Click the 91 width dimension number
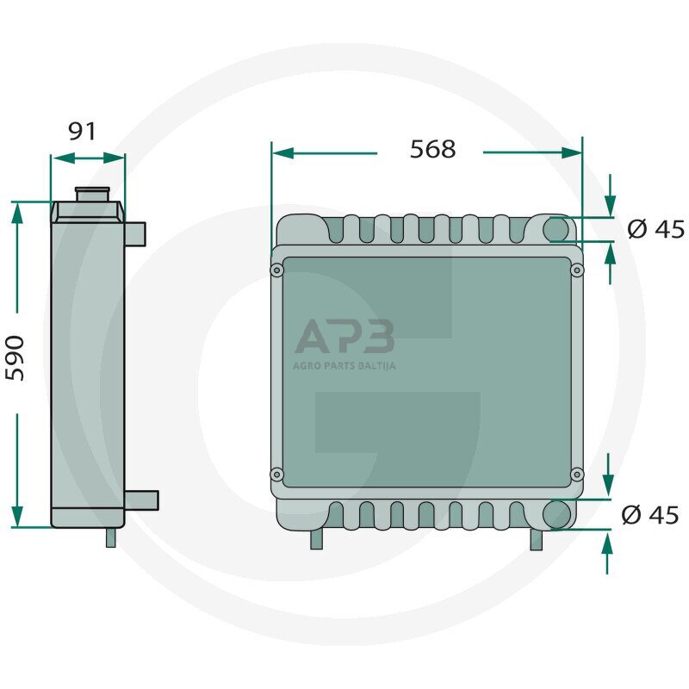pyautogui.click(x=82, y=132)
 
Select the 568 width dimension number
pyautogui.click(x=432, y=149)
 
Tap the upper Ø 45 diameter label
pyautogui.click(x=656, y=229)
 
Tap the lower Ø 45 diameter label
pyautogui.click(x=651, y=515)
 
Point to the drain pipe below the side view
pyautogui.click(x=111, y=537)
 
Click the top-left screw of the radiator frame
pyautogui.click(x=276, y=270)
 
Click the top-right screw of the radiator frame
pyautogui.click(x=577, y=270)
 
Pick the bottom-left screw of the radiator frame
pyautogui.click(x=276, y=475)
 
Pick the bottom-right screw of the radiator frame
pyautogui.click(x=577, y=475)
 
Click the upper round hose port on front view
pyautogui.click(x=557, y=230)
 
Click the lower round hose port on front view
pyautogui.click(x=557, y=515)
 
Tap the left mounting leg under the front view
pyautogui.click(x=316, y=539)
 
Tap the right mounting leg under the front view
pyautogui.click(x=537, y=540)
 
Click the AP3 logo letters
pyautogui.click(x=344, y=337)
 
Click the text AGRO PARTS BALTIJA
pyautogui.click(x=344, y=365)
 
